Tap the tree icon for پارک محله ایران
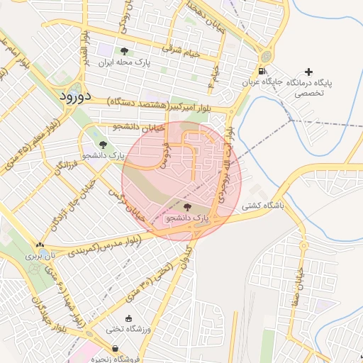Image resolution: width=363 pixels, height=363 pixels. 125,51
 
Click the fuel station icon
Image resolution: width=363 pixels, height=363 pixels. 262,71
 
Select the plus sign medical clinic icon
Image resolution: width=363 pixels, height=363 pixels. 308,72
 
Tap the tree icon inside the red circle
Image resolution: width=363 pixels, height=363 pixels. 187,207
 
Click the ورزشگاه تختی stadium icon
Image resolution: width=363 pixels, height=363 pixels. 128,318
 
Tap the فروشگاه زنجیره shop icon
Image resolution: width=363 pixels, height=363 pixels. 115,348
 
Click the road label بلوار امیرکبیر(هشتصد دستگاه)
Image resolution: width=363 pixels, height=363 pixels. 168,105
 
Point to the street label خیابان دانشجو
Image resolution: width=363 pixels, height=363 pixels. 139,127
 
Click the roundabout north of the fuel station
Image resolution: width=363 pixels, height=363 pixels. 266,55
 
